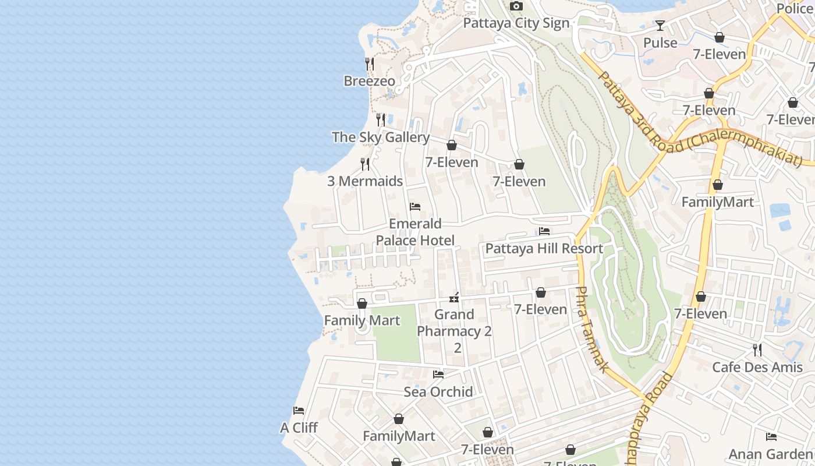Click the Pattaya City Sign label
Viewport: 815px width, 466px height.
(x=516, y=23)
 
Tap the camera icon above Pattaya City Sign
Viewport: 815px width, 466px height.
(x=516, y=6)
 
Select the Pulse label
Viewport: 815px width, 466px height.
(x=660, y=43)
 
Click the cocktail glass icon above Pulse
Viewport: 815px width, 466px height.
(x=660, y=26)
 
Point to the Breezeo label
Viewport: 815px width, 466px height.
(x=369, y=81)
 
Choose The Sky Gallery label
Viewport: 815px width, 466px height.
(x=381, y=137)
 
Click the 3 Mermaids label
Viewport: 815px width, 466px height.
(x=365, y=181)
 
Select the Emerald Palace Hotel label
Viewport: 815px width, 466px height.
(x=415, y=232)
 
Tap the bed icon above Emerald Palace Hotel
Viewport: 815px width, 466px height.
(x=415, y=207)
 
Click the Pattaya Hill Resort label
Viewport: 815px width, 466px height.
(x=544, y=249)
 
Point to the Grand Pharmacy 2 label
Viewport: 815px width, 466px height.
(x=455, y=331)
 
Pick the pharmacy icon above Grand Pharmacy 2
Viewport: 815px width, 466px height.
(x=455, y=298)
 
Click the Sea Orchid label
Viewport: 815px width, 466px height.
(x=438, y=392)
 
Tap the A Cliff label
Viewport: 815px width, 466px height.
(x=299, y=428)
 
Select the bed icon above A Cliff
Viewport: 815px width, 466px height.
(x=299, y=411)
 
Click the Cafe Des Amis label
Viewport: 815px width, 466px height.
(x=757, y=368)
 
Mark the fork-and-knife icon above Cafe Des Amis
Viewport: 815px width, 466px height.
(x=757, y=349)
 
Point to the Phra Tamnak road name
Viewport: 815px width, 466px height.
(x=592, y=329)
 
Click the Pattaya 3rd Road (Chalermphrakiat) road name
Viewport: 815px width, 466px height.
(x=699, y=119)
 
